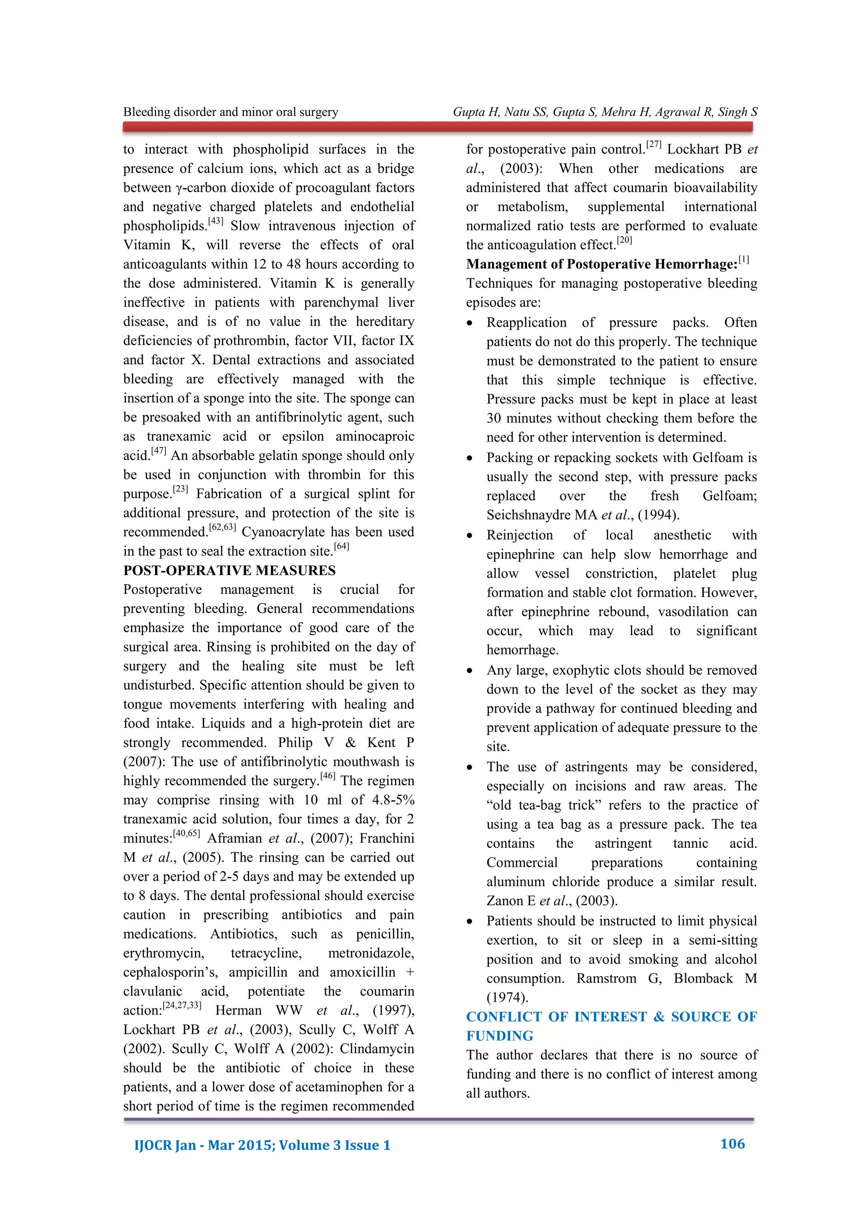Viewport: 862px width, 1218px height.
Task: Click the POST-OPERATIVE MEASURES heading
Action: click(x=229, y=570)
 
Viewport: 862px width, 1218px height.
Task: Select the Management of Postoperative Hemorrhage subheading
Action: click(x=601, y=264)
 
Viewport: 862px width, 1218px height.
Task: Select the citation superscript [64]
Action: click(x=341, y=546)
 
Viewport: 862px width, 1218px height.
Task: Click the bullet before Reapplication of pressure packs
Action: click(x=469, y=323)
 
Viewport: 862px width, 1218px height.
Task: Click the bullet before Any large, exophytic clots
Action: click(x=469, y=670)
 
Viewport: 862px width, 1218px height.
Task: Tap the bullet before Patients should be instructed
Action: click(x=469, y=921)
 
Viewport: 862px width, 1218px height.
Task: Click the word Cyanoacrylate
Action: click(x=283, y=532)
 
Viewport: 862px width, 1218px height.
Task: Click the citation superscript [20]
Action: click(x=624, y=240)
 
